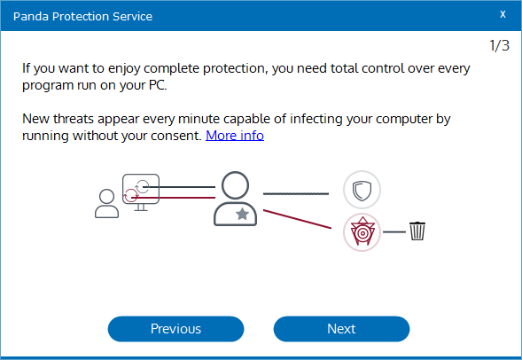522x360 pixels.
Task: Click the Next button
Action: click(341, 329)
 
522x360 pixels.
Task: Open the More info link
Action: click(235, 136)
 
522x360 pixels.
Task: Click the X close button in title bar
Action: click(503, 14)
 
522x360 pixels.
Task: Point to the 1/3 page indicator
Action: click(499, 45)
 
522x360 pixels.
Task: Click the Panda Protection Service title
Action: click(82, 16)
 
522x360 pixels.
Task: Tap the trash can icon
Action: click(417, 231)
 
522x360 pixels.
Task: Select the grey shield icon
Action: click(362, 190)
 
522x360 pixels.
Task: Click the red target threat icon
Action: click(362, 232)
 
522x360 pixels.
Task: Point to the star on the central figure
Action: click(242, 214)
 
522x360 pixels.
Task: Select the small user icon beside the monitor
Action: click(107, 203)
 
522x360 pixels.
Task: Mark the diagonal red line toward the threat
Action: click(297, 219)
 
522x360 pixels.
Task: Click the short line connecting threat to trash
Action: click(394, 231)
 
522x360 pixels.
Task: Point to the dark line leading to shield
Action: click(296, 193)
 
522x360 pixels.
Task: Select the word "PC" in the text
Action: click(157, 85)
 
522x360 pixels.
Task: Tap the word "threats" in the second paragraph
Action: click(74, 119)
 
